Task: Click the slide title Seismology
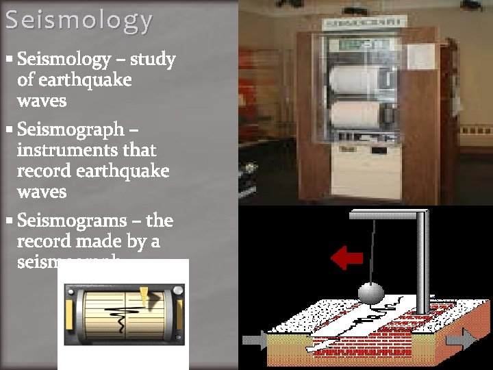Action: point(79,21)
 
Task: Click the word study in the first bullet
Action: point(153,60)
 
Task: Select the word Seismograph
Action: point(70,129)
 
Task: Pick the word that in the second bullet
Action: point(139,149)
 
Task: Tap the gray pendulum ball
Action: point(371,293)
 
